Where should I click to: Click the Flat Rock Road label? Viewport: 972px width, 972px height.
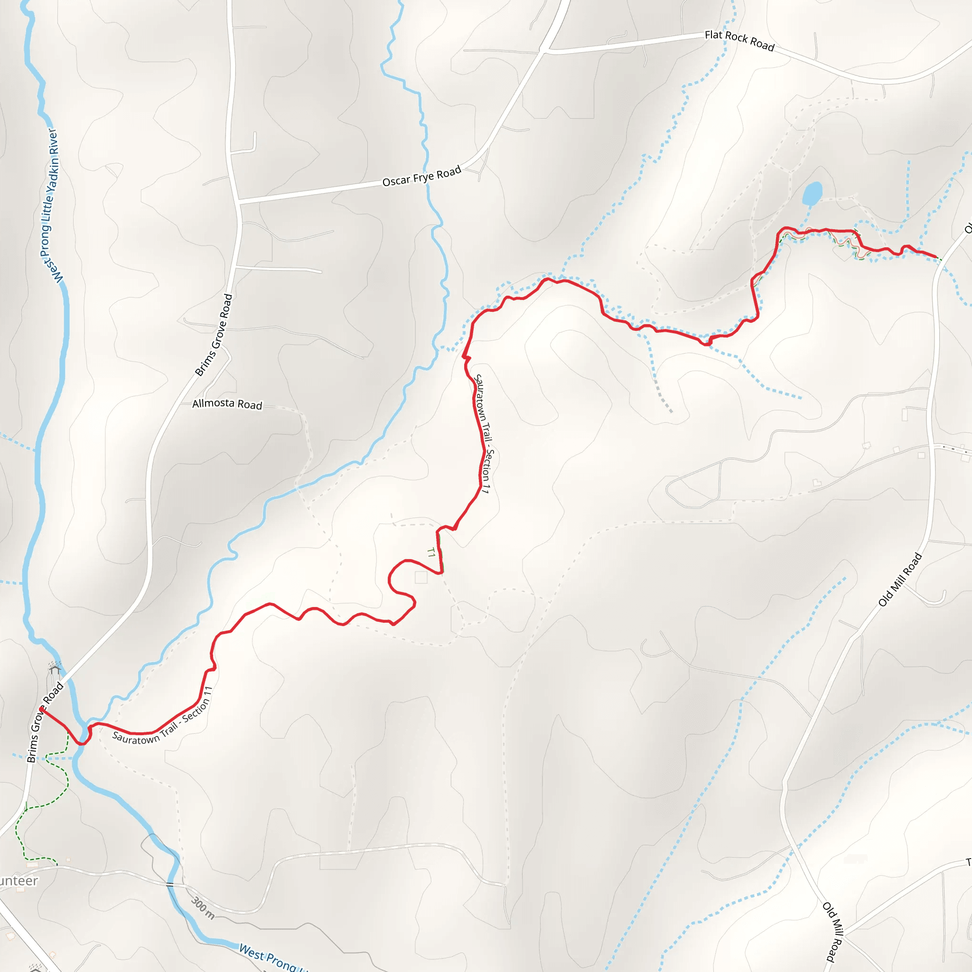(x=739, y=41)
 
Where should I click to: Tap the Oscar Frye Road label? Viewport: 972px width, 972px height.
(x=421, y=176)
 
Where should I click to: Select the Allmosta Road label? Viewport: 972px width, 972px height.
(x=227, y=404)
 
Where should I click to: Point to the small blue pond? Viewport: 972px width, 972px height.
(x=812, y=194)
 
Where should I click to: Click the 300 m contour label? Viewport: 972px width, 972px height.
(x=203, y=907)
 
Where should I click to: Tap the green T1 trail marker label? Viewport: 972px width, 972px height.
(x=430, y=553)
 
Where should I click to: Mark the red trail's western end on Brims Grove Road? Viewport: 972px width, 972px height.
(x=42, y=710)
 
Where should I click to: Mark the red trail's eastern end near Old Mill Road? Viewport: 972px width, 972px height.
(x=936, y=257)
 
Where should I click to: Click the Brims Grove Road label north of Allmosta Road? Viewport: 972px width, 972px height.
(x=214, y=335)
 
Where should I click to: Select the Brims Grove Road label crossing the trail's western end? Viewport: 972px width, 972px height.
(x=44, y=722)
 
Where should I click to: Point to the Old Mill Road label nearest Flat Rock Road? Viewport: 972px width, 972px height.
(x=900, y=579)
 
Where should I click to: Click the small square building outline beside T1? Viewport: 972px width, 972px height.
(x=421, y=578)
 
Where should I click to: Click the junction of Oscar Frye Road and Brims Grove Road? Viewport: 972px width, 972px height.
(x=238, y=202)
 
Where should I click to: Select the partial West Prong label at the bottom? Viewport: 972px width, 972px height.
(x=271, y=958)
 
